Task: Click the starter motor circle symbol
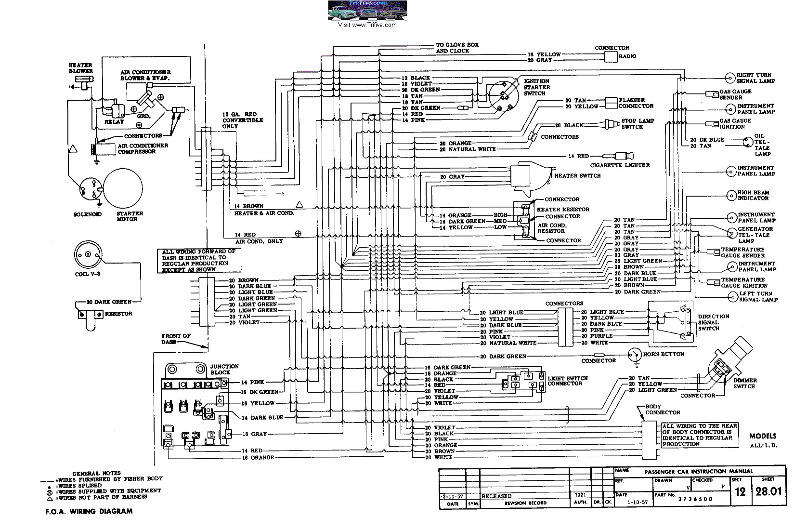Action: click(x=124, y=186)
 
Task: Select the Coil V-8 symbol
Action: click(x=89, y=254)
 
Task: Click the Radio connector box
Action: click(x=611, y=56)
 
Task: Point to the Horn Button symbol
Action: click(x=634, y=355)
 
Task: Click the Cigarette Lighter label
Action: click(x=624, y=165)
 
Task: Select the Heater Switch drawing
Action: click(x=530, y=176)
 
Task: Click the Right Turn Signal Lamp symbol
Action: click(x=729, y=78)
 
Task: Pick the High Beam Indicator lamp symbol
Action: click(x=730, y=195)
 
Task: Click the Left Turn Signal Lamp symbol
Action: click(x=733, y=296)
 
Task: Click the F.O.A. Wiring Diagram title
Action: click(x=86, y=511)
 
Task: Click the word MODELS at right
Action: click(x=763, y=436)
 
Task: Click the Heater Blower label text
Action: click(x=80, y=68)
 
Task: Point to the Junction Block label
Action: click(x=220, y=370)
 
